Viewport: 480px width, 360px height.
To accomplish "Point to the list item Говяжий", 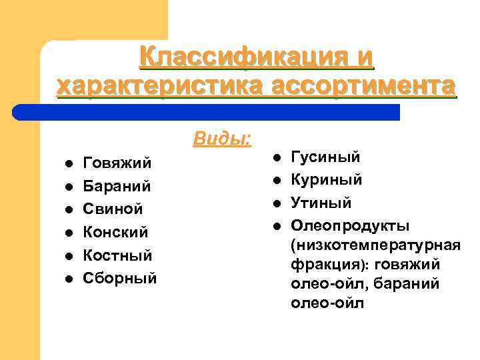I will tap(117, 163).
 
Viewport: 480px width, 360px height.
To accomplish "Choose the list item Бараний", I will tap(117, 186).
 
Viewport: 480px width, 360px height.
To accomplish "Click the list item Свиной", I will tap(113, 209).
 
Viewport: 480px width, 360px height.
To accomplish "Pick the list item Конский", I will tap(115, 232).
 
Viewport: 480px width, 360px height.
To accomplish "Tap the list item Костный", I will tap(117, 255).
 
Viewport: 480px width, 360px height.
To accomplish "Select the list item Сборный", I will tap(120, 278).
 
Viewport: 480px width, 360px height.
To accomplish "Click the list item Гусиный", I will tap(326, 157).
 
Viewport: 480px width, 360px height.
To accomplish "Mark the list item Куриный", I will tap(327, 180).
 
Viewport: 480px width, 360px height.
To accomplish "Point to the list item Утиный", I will tap(321, 203).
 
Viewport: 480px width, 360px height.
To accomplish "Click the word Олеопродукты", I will tap(351, 225).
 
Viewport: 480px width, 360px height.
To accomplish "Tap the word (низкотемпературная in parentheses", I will tap(375, 245).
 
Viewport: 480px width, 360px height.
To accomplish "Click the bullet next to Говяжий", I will tap(68, 163).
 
